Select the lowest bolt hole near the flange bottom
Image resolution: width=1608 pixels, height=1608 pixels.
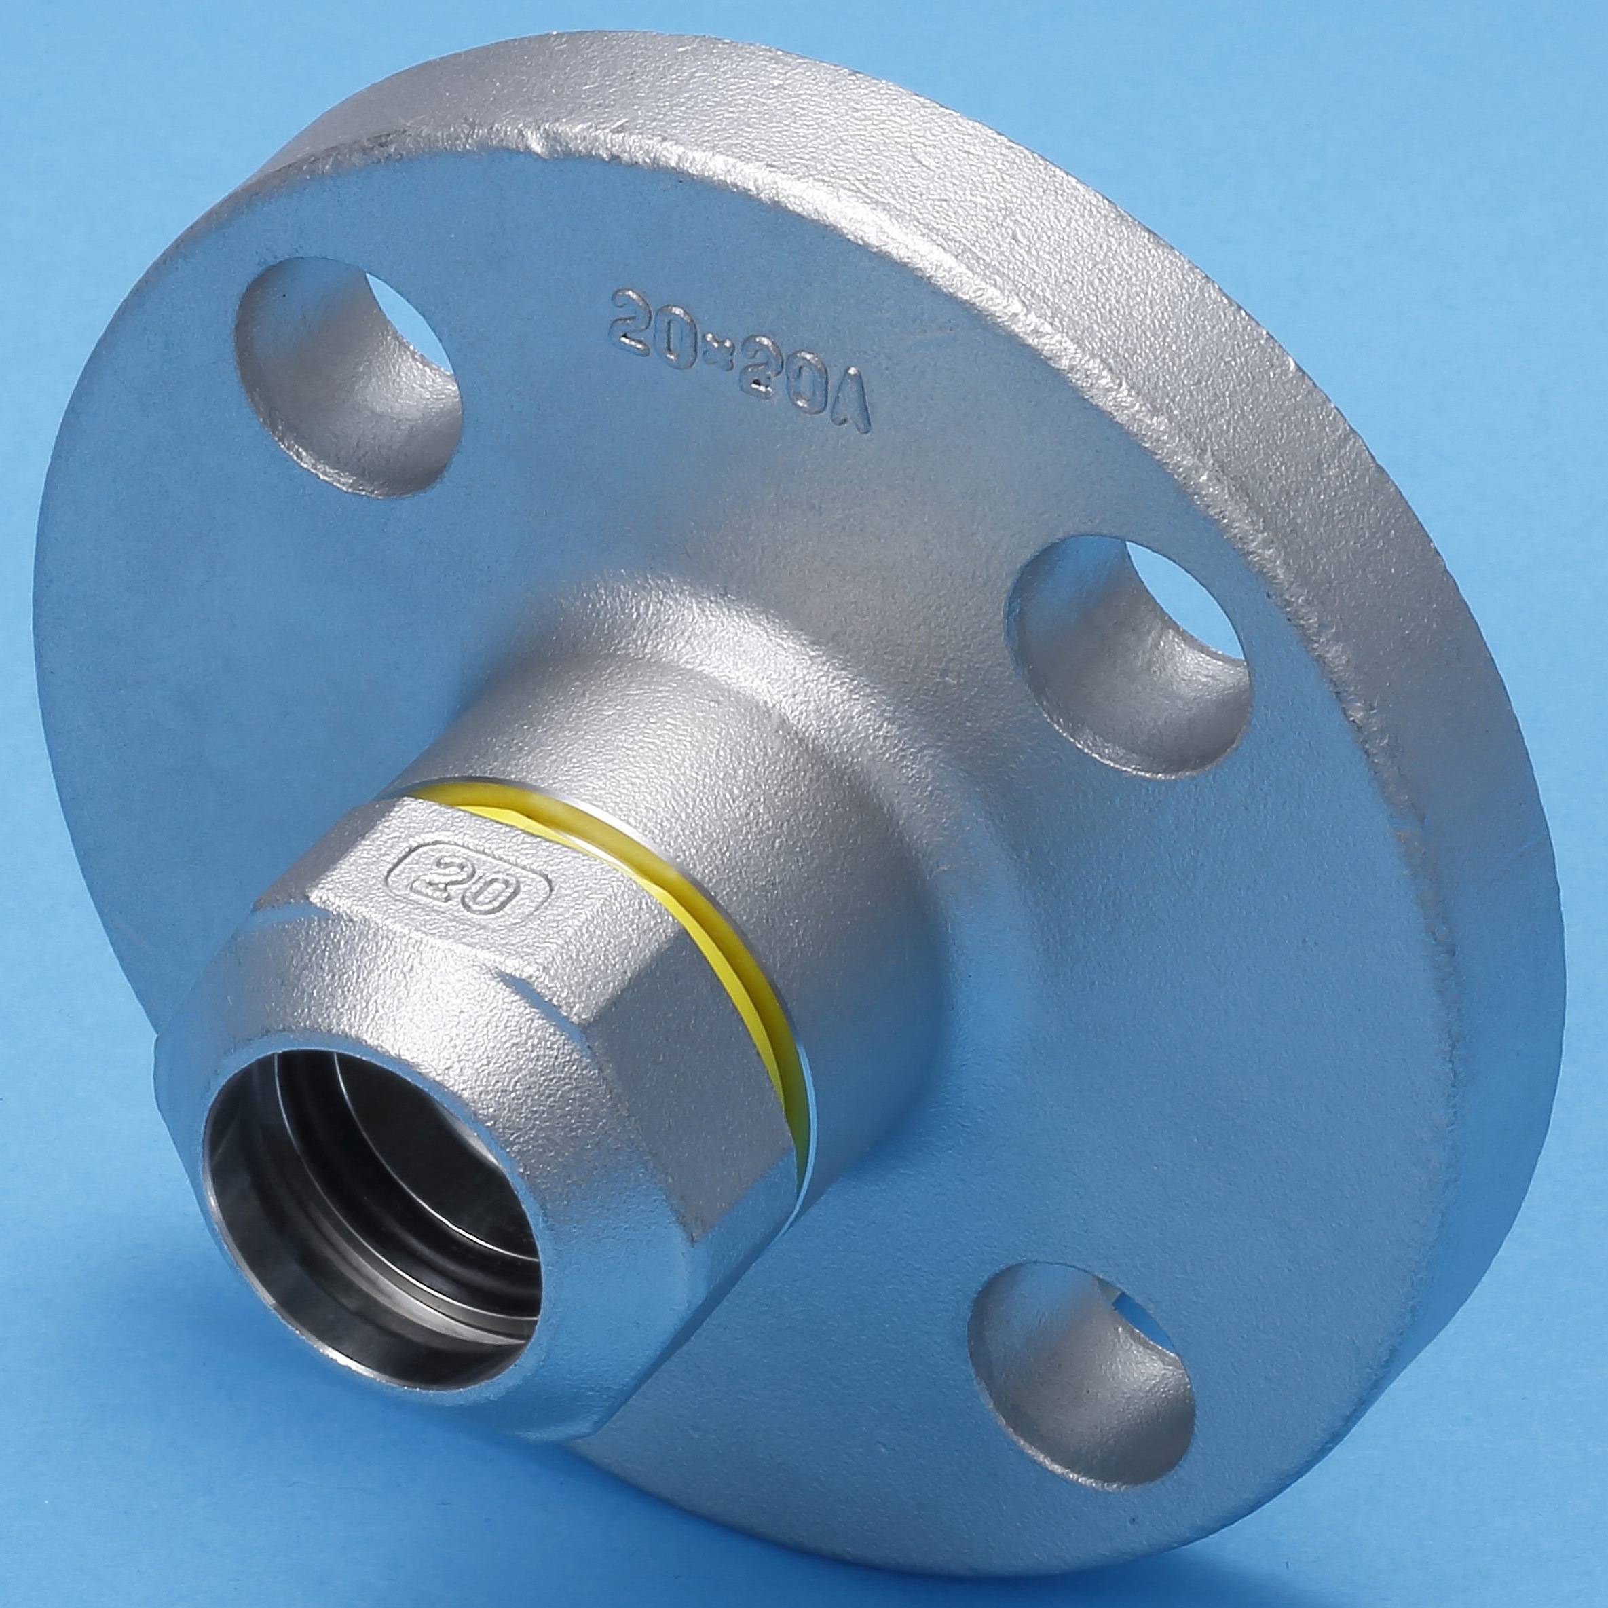pyautogui.click(x=1082, y=1348)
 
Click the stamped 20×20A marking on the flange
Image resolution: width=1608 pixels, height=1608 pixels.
pyautogui.click(x=740, y=360)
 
